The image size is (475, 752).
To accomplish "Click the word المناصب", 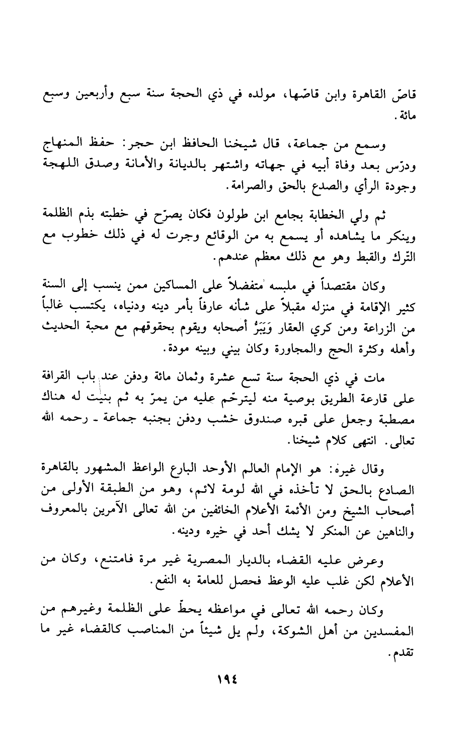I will pyautogui.click(x=153, y=632).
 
